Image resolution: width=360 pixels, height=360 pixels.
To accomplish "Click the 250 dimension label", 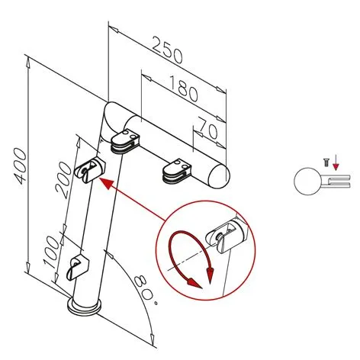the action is [x=167, y=50].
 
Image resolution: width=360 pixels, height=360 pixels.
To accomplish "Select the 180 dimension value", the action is [x=183, y=88].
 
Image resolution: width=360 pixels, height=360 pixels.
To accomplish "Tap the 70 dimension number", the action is [x=207, y=127].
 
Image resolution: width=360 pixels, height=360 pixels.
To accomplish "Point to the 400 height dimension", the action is [x=20, y=166].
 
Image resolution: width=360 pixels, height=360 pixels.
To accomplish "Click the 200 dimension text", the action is [x=63, y=180].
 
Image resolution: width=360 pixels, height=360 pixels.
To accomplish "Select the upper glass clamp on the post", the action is [x=89, y=169].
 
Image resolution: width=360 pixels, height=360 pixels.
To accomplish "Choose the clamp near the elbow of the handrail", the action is [x=125, y=142].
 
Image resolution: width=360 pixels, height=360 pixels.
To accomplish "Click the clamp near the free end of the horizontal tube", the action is [x=177, y=171].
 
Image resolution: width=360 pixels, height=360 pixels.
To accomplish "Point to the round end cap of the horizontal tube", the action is [x=219, y=176].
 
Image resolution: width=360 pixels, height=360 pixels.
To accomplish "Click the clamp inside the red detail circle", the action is [x=226, y=236].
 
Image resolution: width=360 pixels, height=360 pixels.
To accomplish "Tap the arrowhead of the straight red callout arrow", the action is [x=105, y=183].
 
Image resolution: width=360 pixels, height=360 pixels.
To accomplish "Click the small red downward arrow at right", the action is [x=336, y=162].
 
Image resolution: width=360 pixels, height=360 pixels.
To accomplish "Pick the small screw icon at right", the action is [x=326, y=162].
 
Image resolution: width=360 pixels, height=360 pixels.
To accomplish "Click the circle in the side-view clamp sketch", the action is [x=307, y=182].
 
